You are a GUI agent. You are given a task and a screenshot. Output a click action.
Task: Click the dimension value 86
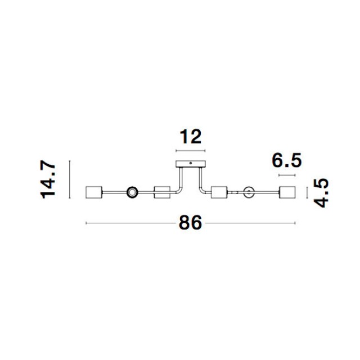click(x=190, y=223)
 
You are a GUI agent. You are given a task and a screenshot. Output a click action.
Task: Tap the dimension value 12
click(x=190, y=137)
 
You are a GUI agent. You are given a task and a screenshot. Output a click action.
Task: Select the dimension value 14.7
click(x=48, y=179)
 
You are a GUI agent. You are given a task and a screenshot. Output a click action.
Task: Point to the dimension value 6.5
click(x=286, y=160)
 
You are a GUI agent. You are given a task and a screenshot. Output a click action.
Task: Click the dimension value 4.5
click(x=321, y=193)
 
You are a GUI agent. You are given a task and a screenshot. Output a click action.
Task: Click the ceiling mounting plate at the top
click(x=191, y=164)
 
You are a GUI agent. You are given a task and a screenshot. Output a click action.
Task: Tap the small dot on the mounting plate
click(x=191, y=163)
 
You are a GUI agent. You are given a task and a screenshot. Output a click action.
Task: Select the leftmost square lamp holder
click(x=94, y=192)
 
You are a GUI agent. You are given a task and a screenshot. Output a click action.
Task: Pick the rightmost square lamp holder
click(x=287, y=192)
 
